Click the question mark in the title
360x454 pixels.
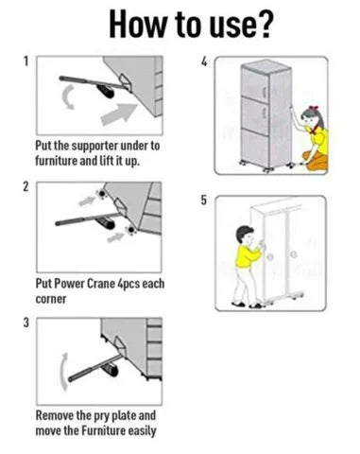[262, 24]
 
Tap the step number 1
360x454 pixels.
[26, 61]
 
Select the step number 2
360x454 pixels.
[26, 186]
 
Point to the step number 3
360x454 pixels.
[26, 323]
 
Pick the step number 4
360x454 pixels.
[204, 61]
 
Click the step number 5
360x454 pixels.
[204, 201]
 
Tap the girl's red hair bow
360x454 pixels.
[313, 109]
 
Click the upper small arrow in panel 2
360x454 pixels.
[87, 201]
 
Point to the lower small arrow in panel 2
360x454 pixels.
[115, 237]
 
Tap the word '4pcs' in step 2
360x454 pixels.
[129, 284]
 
